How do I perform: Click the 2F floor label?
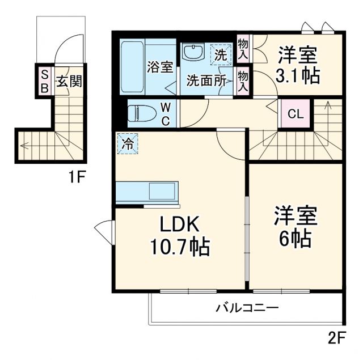(x=336, y=338)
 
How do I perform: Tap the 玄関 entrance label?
(x=69, y=81)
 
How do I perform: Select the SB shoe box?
(x=44, y=79)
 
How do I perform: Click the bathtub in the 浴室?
(x=133, y=68)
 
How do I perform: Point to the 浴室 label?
(x=160, y=66)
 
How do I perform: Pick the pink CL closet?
(x=296, y=113)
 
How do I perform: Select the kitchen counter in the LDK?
(x=147, y=192)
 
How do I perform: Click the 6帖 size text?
(x=296, y=239)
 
